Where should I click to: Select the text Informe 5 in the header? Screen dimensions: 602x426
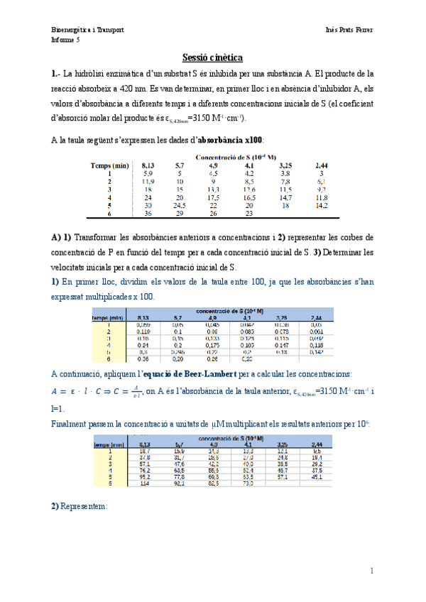(66, 40)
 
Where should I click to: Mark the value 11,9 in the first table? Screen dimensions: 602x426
(148, 180)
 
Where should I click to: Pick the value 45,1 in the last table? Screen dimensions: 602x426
(321, 477)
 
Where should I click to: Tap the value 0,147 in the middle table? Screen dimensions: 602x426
(282, 344)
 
